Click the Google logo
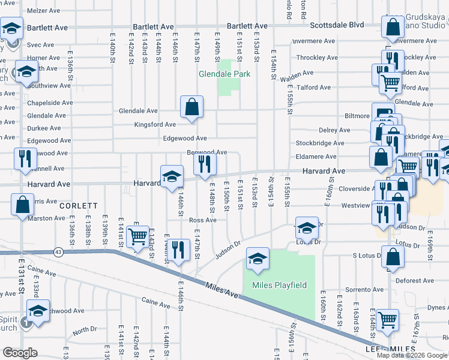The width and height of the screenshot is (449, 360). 20,353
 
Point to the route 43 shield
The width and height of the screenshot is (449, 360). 59,251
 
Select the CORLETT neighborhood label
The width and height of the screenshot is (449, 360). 79,205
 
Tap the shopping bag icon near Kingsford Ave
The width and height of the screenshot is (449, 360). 191,108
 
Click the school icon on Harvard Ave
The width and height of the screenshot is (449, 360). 172,176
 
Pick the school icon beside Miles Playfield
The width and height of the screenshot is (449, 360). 258,259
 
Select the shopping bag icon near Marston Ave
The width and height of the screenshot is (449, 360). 22,204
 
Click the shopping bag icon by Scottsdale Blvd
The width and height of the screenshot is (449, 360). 393,27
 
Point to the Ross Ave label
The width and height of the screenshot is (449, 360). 202,220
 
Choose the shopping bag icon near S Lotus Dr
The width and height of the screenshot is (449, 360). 393,256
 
